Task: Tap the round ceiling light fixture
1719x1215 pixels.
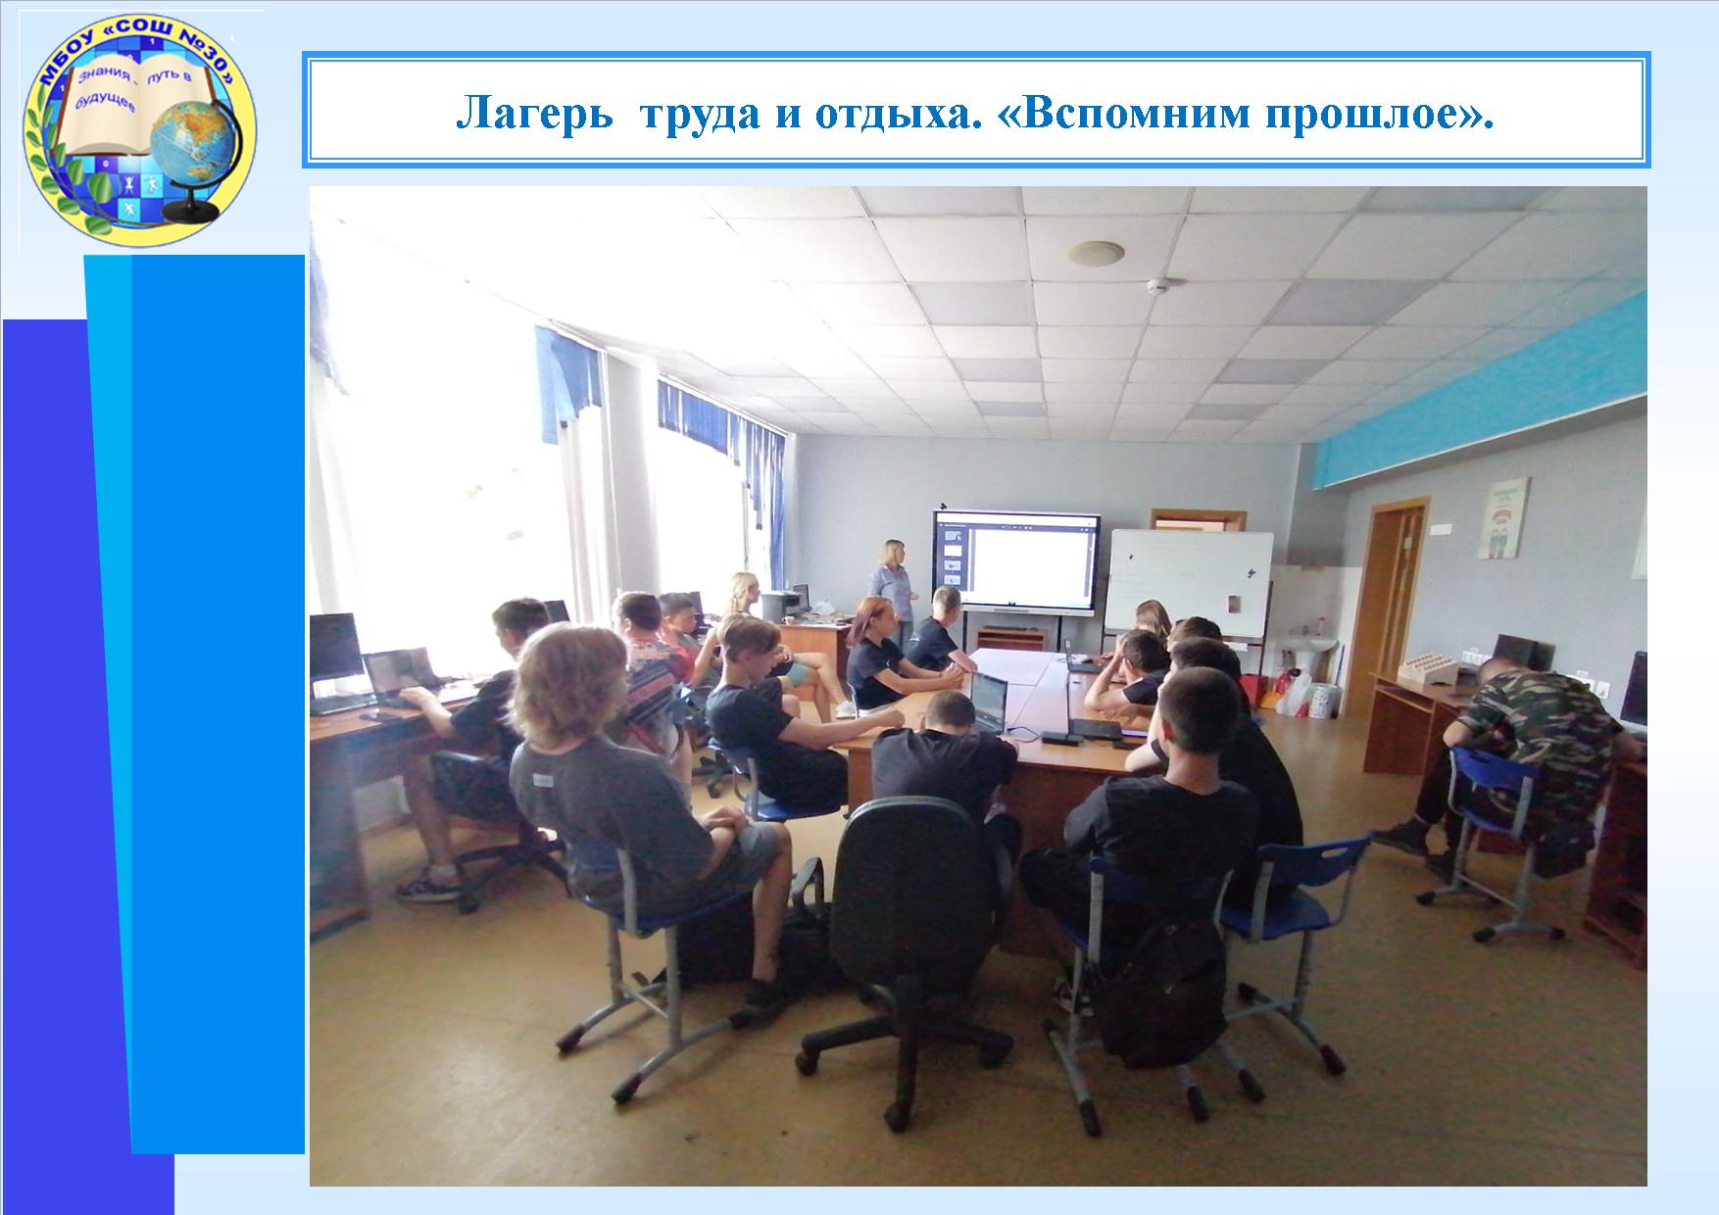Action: (x=1096, y=253)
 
